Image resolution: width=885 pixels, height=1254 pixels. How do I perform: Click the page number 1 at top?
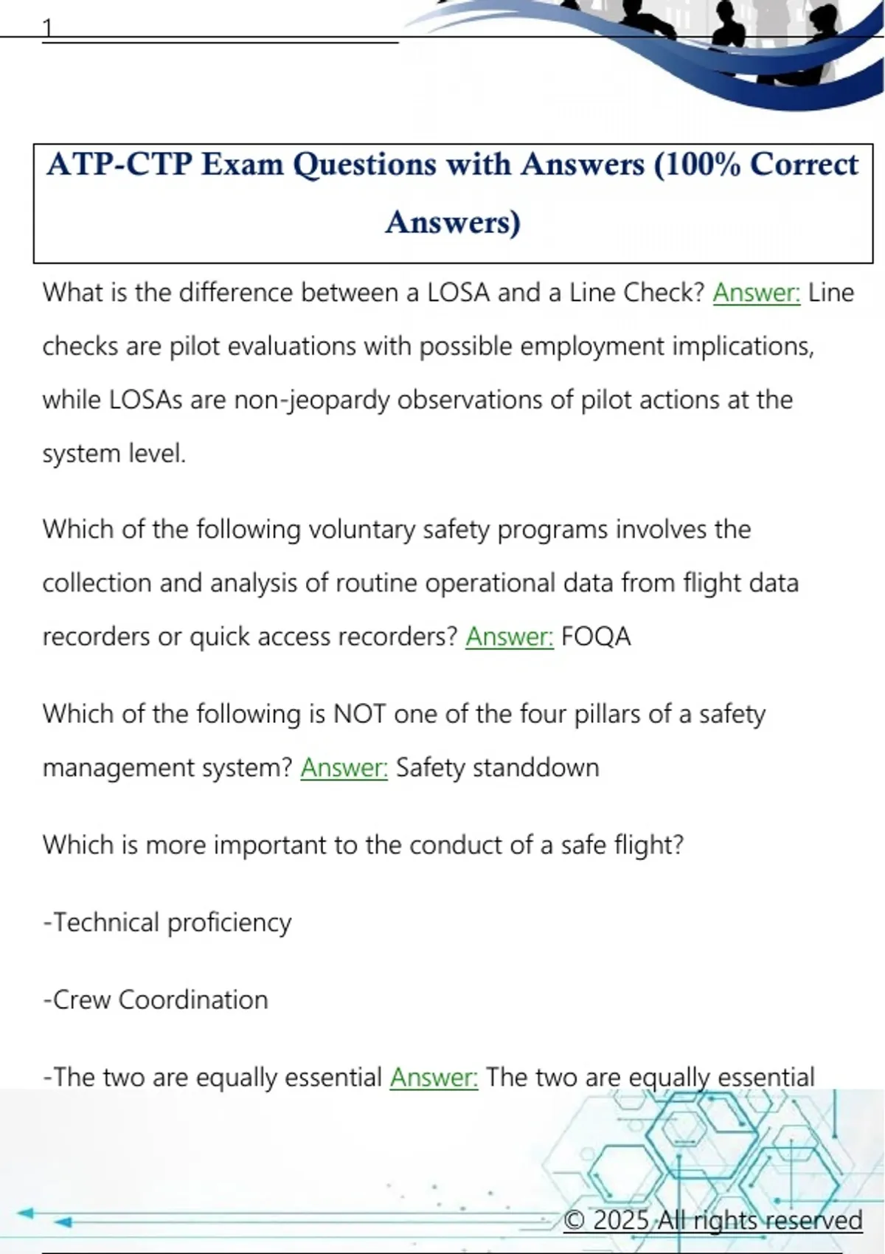tap(48, 28)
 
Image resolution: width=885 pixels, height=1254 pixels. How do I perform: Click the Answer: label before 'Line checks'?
tap(756, 293)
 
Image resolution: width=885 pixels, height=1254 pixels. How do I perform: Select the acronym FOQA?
tap(596, 637)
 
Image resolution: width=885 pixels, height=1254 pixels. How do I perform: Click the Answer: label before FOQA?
tap(509, 637)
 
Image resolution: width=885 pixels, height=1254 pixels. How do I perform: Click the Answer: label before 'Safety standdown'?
tap(344, 768)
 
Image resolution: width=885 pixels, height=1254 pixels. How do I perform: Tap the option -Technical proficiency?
tap(167, 923)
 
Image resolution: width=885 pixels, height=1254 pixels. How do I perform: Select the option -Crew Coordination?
tap(156, 1000)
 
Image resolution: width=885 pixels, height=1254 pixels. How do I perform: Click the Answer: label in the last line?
tap(434, 1078)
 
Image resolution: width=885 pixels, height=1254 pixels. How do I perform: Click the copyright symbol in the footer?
tap(575, 1220)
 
